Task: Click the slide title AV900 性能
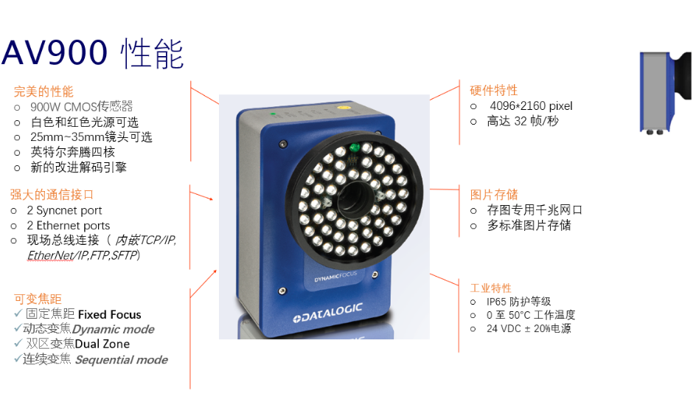tap(93, 53)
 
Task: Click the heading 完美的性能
tap(43, 91)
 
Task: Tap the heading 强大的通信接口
tap(52, 195)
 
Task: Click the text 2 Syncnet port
tap(64, 210)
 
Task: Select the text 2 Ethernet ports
tap(68, 226)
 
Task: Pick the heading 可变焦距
tap(38, 299)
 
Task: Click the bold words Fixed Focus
tap(109, 314)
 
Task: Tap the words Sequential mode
tap(121, 360)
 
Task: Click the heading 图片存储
tap(494, 195)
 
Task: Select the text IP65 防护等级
tap(518, 302)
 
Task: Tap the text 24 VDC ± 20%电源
tap(529, 329)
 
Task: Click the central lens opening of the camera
tap(355, 196)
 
